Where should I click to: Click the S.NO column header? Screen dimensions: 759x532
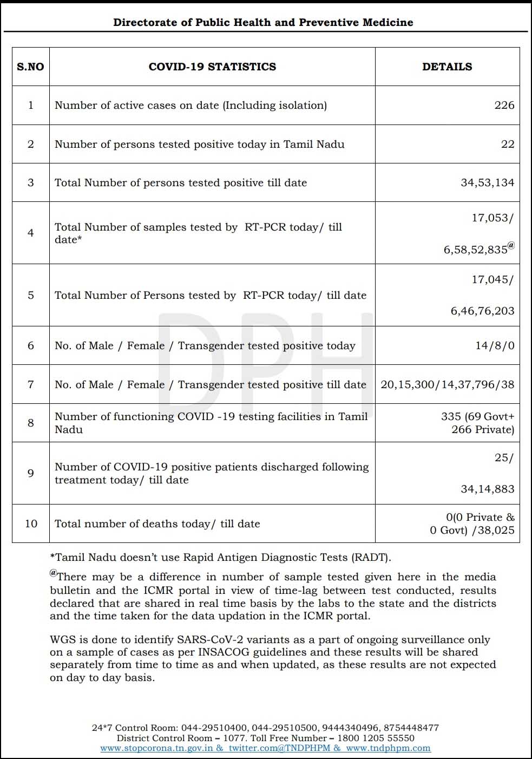click(x=30, y=67)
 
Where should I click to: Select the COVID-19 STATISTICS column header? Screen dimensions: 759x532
click(x=212, y=67)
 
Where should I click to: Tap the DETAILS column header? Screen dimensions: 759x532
click(x=447, y=67)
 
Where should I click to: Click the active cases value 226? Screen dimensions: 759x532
click(x=504, y=105)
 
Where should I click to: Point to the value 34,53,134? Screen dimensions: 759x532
click(x=487, y=182)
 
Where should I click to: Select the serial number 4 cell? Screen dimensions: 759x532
click(x=31, y=233)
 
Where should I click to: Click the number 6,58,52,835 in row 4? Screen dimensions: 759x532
click(x=476, y=250)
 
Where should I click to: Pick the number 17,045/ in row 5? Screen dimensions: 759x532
click(x=492, y=279)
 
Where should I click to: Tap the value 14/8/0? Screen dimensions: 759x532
click(x=495, y=345)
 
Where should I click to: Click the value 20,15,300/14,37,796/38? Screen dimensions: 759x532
click(x=447, y=384)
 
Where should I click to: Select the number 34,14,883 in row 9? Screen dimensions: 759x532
click(x=487, y=489)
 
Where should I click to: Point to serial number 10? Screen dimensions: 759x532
click(x=31, y=524)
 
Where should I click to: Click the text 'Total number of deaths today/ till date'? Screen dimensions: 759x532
click(x=157, y=524)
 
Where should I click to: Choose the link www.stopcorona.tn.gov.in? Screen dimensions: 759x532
click(x=157, y=748)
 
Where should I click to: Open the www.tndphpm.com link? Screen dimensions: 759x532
click(x=388, y=748)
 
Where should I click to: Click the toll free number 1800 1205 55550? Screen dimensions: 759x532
click(x=376, y=738)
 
